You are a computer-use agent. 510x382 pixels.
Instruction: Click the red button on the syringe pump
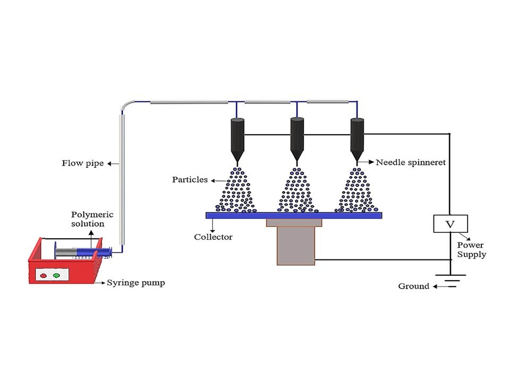pos(44,275)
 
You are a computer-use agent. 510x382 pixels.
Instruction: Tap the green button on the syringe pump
pos(56,275)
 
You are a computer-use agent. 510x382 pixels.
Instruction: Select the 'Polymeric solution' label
pos(88,219)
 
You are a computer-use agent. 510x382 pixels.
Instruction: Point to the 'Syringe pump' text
pos(136,283)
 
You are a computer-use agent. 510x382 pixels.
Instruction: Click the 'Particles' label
pos(190,180)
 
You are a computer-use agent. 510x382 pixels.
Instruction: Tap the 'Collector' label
pos(213,237)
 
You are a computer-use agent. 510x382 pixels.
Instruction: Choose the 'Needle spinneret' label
pos(411,162)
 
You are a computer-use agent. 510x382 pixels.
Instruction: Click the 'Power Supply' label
pos(471,250)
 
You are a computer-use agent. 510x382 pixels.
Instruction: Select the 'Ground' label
pos(413,286)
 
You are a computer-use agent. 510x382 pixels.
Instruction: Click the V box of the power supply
pos(450,224)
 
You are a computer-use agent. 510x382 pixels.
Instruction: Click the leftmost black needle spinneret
pos(237,136)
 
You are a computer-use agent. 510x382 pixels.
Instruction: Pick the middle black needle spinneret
pos(297,136)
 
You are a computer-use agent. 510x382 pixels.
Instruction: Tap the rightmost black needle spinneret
pos(358,136)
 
